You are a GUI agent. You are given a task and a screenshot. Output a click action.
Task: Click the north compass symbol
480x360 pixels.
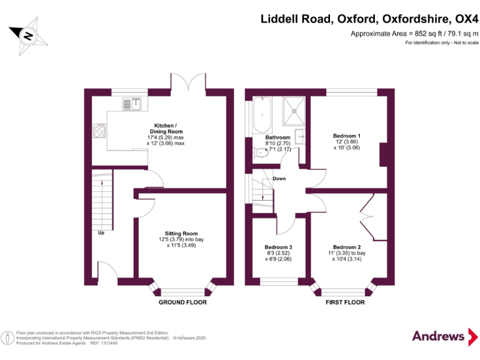pos(28,36)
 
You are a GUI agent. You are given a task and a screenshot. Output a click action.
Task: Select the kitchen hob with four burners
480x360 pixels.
pos(99,131)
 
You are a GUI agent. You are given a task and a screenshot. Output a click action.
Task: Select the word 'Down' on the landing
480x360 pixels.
pos(279,179)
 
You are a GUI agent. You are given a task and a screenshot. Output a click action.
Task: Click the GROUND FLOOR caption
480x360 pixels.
pos(182,302)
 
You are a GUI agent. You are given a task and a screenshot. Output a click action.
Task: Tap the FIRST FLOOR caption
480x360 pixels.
pos(345,302)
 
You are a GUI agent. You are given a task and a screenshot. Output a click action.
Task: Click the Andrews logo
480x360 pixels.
pos(439,336)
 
